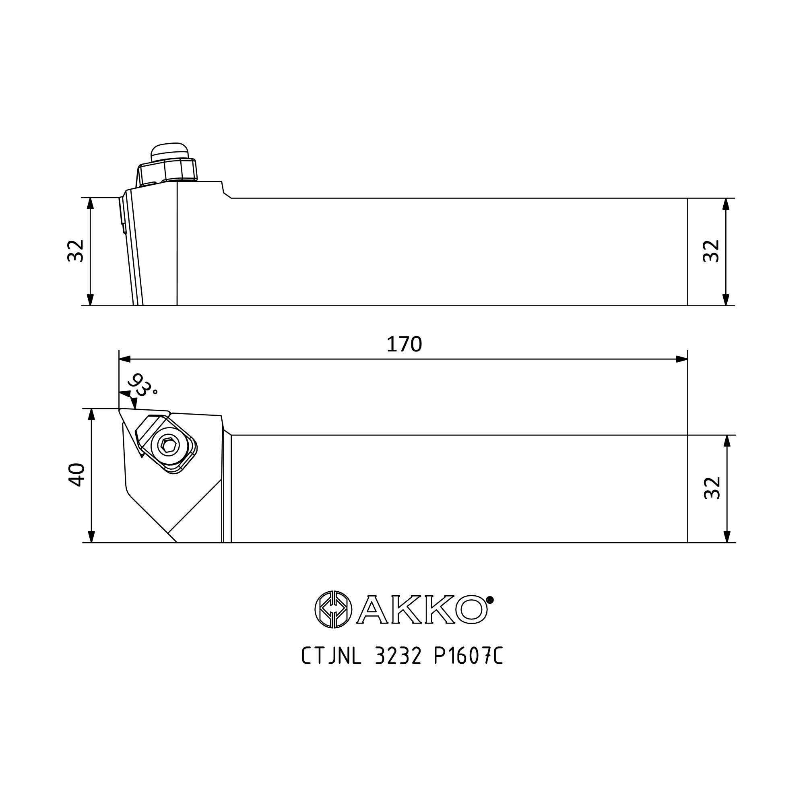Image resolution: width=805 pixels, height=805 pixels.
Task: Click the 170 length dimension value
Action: pyautogui.click(x=404, y=344)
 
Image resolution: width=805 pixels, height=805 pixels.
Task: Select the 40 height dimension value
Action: pyautogui.click(x=76, y=475)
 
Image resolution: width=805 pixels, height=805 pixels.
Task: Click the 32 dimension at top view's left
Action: pyautogui.click(x=75, y=250)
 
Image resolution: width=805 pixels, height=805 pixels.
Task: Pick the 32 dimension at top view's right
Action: pyautogui.click(x=711, y=251)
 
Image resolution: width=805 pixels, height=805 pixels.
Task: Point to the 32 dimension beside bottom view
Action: pyautogui.click(x=712, y=488)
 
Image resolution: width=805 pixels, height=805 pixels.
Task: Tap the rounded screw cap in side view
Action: pyautogui.click(x=169, y=151)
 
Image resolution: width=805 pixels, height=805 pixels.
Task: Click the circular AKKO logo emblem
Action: pyautogui.click(x=333, y=609)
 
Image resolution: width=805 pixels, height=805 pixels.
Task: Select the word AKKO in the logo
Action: pyautogui.click(x=422, y=609)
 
